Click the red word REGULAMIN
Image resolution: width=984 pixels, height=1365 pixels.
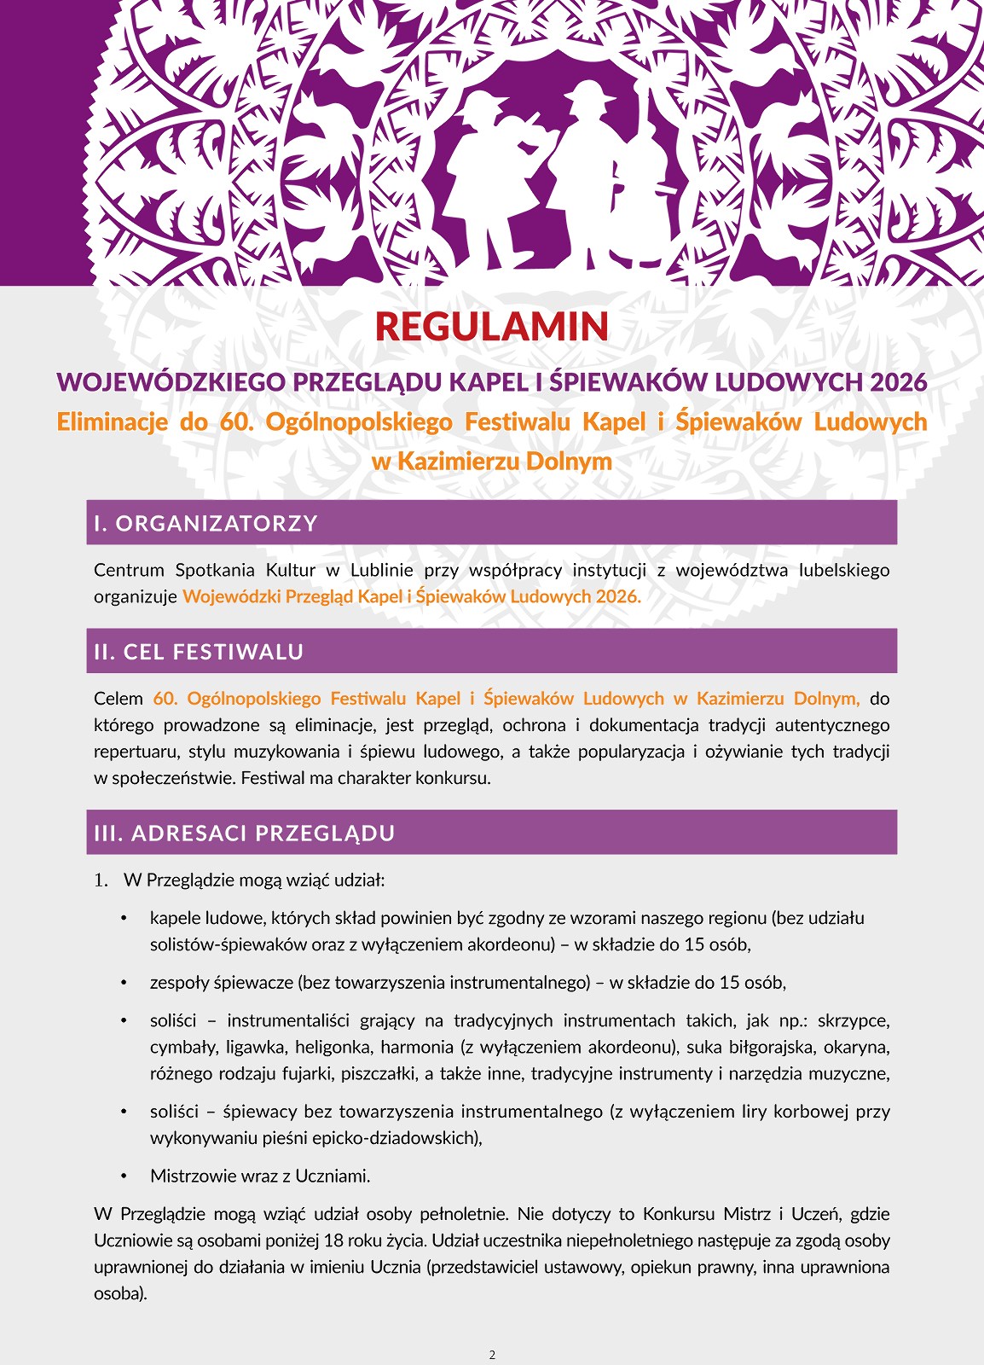pyautogui.click(x=491, y=327)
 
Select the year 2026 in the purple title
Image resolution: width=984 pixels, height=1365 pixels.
pyautogui.click(x=898, y=381)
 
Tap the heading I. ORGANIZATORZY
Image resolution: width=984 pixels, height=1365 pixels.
pyautogui.click(x=205, y=523)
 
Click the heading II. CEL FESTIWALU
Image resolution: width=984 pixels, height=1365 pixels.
pyautogui.click(x=199, y=652)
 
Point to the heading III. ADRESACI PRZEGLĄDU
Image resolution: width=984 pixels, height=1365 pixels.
pyautogui.click(x=245, y=833)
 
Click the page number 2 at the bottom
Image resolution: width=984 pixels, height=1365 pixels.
pyautogui.click(x=492, y=1355)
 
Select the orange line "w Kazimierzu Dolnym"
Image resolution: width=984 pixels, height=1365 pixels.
pyautogui.click(x=492, y=462)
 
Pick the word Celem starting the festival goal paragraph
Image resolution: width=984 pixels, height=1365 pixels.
pyautogui.click(x=119, y=699)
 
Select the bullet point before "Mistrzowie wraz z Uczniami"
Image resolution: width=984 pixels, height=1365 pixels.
pyautogui.click(x=124, y=1176)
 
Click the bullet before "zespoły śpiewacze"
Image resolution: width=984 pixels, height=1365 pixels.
pyautogui.click(x=124, y=983)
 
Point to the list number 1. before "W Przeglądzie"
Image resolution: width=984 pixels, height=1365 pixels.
pyautogui.click(x=101, y=880)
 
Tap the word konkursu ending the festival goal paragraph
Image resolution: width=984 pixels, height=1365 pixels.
pyautogui.click(x=461, y=778)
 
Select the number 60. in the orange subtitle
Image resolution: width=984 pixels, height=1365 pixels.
pyautogui.click(x=230, y=422)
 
